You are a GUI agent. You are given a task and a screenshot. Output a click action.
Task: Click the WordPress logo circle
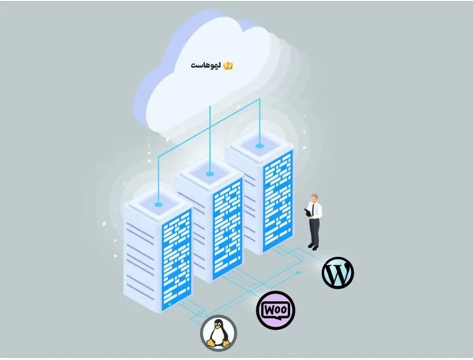pyautogui.click(x=338, y=273)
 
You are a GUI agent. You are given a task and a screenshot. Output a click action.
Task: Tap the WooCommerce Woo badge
pyautogui.click(x=275, y=310)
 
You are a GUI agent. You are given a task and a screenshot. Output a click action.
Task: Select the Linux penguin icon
pyautogui.click(x=218, y=333)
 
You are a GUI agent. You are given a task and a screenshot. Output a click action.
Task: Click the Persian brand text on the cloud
pyautogui.click(x=205, y=65)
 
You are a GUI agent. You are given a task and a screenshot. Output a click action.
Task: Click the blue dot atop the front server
pyautogui.click(x=158, y=205)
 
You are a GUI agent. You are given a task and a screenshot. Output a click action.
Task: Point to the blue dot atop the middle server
pyautogui.click(x=209, y=174)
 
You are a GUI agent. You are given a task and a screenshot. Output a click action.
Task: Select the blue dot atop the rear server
pyautogui.click(x=259, y=145)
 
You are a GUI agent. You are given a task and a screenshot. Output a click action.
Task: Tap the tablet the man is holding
pyautogui.click(x=307, y=211)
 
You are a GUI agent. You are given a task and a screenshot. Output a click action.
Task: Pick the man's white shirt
pyautogui.click(x=315, y=211)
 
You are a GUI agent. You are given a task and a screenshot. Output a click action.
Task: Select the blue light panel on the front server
pyautogui.click(x=177, y=258)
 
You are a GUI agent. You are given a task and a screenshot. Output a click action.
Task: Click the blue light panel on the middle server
pyautogui.click(x=227, y=228)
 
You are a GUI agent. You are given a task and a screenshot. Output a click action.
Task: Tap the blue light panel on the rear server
pyautogui.click(x=278, y=199)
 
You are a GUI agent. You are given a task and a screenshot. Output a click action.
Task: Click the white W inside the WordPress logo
pyautogui.click(x=338, y=273)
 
